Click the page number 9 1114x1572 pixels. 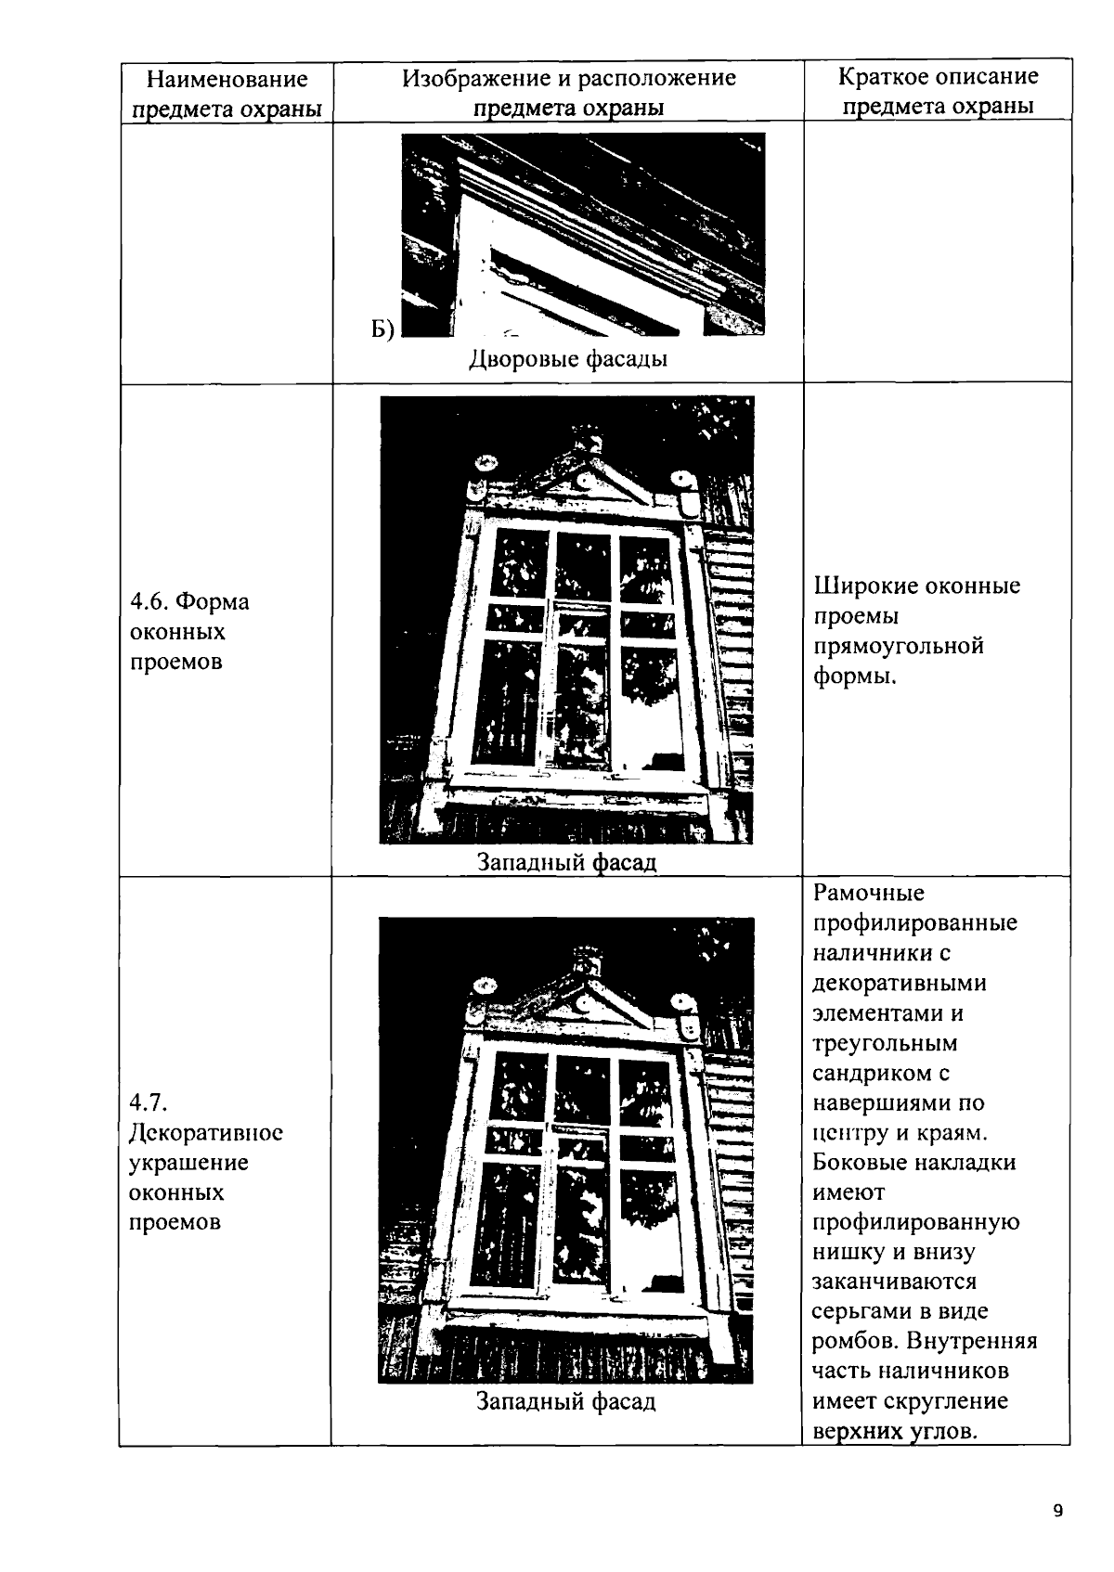click(x=1058, y=1511)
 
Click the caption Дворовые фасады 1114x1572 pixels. click(x=568, y=358)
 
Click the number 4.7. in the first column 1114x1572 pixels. click(x=148, y=1102)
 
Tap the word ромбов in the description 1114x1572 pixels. click(x=854, y=1342)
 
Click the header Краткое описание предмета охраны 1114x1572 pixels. click(x=938, y=91)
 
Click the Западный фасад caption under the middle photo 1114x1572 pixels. click(x=566, y=862)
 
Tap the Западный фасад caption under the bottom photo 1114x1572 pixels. click(x=566, y=1401)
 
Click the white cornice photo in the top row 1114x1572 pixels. click(x=583, y=234)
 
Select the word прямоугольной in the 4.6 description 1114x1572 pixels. click(x=898, y=646)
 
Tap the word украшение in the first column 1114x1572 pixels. click(x=188, y=1163)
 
